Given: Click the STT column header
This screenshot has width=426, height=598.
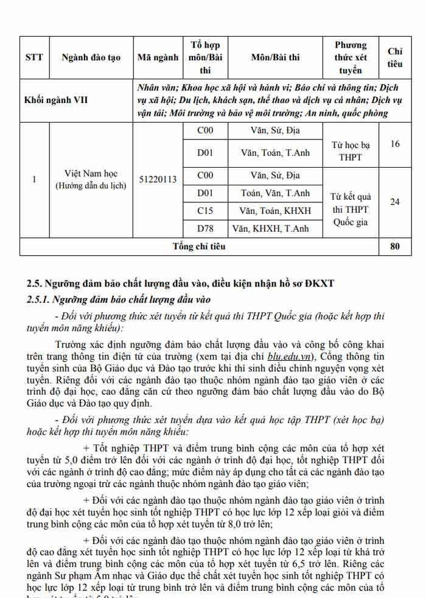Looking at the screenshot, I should click(x=34, y=58).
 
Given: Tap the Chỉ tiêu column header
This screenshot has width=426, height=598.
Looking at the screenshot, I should click(x=395, y=57).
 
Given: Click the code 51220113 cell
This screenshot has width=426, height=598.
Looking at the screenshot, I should click(x=158, y=179).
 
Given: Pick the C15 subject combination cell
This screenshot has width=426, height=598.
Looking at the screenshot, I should click(x=206, y=211).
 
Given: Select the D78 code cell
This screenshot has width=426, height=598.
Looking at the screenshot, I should click(x=206, y=229).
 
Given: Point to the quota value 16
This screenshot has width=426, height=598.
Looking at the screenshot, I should click(x=395, y=144).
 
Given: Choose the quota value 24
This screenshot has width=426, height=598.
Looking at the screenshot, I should click(x=395, y=202).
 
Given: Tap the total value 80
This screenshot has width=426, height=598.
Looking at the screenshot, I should click(x=395, y=246).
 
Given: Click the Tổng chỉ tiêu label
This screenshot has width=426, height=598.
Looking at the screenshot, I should click(x=199, y=246).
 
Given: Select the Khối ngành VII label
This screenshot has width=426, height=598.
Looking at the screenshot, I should click(x=56, y=100).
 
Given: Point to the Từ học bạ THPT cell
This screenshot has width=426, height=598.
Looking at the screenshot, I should click(x=351, y=151).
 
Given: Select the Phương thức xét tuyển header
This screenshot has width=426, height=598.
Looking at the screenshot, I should click(x=351, y=57).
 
